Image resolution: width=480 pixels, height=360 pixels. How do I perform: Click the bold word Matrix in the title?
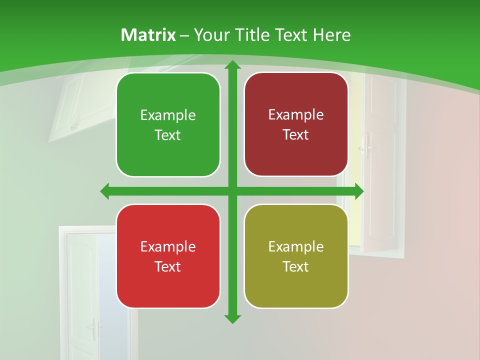[148, 35]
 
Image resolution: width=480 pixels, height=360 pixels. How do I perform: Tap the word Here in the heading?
[331, 35]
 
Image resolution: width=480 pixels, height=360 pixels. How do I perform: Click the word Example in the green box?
[168, 115]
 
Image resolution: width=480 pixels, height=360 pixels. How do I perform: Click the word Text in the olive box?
[296, 266]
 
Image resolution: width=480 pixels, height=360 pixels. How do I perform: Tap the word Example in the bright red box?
[168, 246]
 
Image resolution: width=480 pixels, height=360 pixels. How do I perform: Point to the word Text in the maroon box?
[296, 135]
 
